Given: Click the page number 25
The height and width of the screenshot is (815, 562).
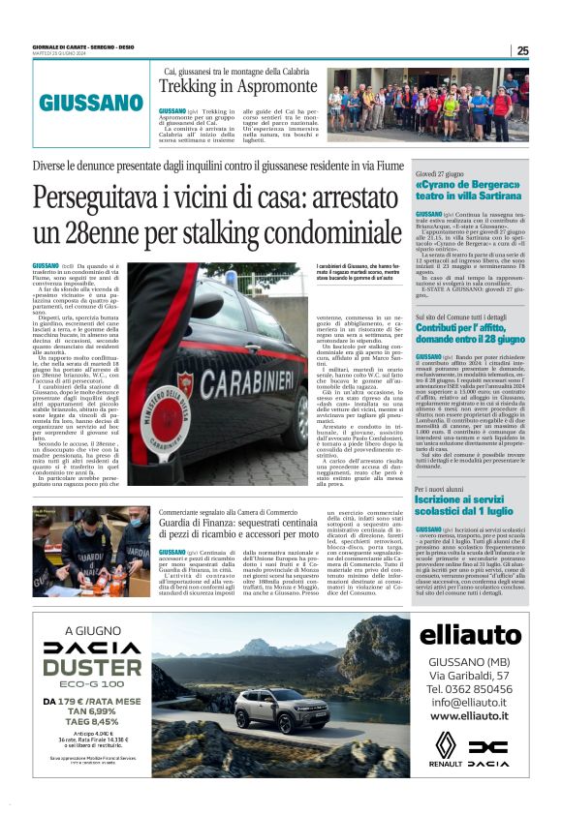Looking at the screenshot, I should point(521,51).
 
